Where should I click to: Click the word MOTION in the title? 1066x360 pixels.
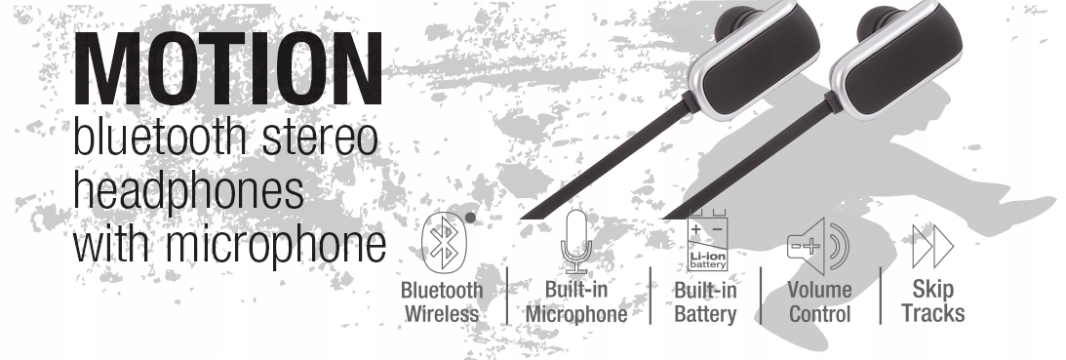click(228, 68)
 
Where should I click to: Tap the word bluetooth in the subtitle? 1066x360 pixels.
click(161, 137)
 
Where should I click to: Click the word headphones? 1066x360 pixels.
click(188, 190)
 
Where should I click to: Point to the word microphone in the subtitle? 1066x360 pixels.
click(275, 244)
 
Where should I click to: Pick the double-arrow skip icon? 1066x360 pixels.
click(932, 246)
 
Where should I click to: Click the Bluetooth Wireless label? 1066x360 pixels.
click(441, 301)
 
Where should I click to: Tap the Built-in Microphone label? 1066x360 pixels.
click(575, 301)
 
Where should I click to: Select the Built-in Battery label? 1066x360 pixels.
click(705, 301)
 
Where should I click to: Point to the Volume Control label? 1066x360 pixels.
click(820, 301)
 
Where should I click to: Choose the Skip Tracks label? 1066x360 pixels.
click(932, 300)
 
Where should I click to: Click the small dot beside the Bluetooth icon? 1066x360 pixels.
click(470, 218)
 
